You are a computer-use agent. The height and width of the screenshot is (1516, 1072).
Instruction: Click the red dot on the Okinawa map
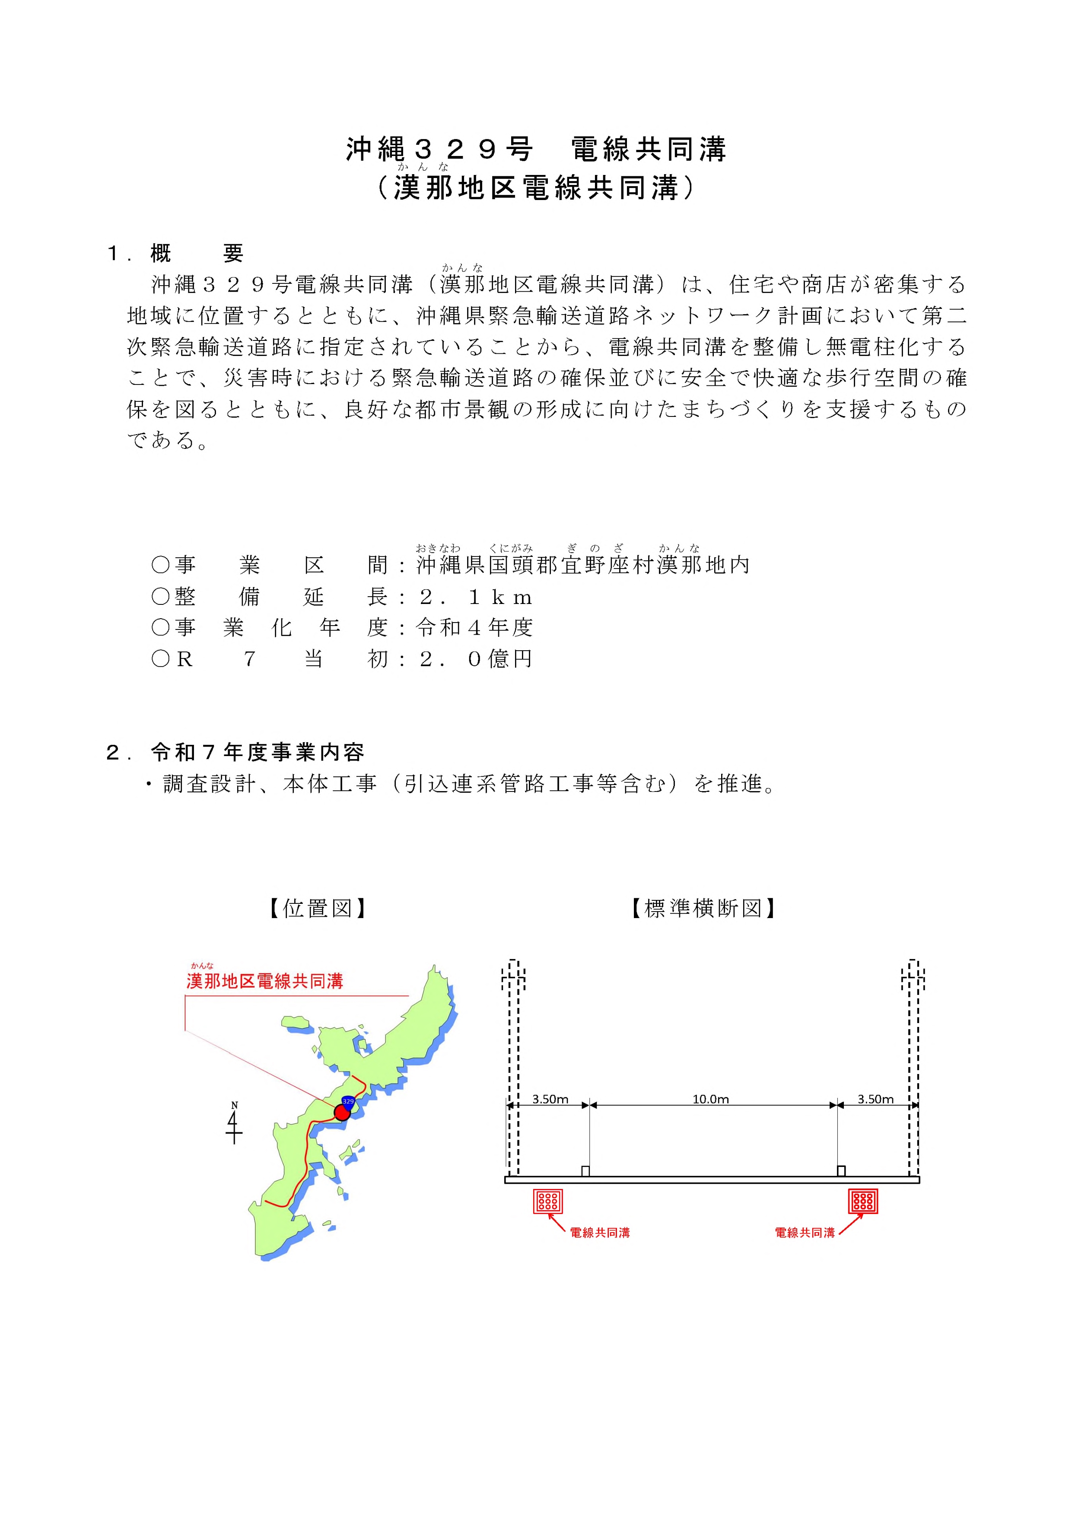tap(341, 1112)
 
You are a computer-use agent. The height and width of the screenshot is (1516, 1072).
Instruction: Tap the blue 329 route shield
tap(348, 1101)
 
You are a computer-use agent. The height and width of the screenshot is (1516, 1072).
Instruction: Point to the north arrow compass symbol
tap(234, 1123)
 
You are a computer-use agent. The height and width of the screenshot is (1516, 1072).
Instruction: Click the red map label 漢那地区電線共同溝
tap(265, 981)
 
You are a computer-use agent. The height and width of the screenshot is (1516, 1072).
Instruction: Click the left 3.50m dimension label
tap(550, 1100)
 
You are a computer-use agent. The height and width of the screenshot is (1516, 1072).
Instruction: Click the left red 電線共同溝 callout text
tap(600, 1233)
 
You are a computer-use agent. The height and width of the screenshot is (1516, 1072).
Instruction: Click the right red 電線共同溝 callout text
tap(805, 1233)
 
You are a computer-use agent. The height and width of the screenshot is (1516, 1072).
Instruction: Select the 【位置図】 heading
tap(317, 909)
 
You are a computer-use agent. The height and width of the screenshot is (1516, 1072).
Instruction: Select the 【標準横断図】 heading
tap(703, 909)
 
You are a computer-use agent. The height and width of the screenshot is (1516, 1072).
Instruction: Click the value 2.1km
tap(475, 598)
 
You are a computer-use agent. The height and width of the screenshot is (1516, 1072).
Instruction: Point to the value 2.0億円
tap(475, 659)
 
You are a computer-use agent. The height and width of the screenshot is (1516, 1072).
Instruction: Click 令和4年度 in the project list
tap(474, 628)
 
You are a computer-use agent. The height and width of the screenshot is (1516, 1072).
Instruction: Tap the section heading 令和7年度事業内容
tap(258, 752)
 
